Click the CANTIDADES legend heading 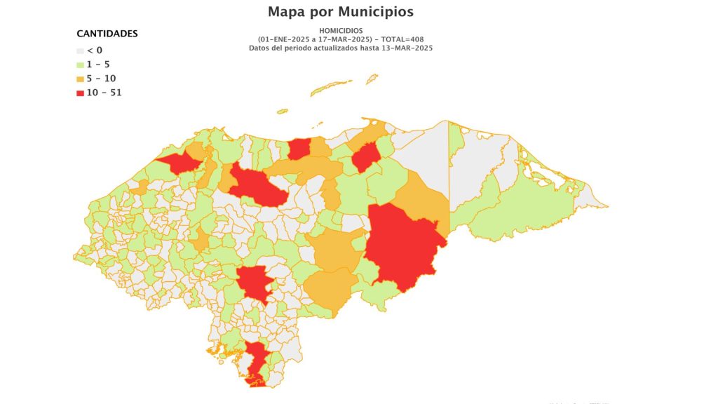107,34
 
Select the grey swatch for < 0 80,50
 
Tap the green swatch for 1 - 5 80,65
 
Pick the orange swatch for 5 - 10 80,79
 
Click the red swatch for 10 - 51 80,93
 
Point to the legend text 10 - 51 104,93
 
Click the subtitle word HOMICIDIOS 341,31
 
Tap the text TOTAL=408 402,39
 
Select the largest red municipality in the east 402,245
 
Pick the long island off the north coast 333,88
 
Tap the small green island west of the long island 282,111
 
